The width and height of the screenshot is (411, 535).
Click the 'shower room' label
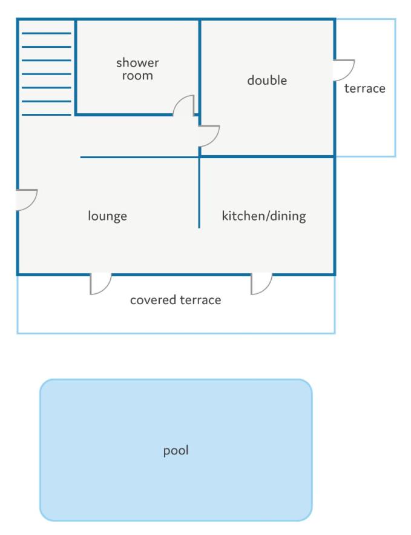(x=137, y=69)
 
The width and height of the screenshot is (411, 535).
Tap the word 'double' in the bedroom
(x=267, y=80)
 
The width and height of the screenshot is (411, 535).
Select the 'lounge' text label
(x=107, y=216)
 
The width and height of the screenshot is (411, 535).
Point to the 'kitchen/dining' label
(x=264, y=216)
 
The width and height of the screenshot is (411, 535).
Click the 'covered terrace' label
(x=176, y=300)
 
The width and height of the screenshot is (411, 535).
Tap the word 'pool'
(x=176, y=450)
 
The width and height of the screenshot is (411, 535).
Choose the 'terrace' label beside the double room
(x=364, y=88)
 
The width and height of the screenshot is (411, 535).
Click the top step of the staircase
(x=47, y=33)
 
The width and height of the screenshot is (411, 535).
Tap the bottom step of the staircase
(x=47, y=115)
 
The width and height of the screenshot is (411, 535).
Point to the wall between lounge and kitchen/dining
(x=199, y=193)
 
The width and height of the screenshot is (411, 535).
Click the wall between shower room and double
(x=199, y=67)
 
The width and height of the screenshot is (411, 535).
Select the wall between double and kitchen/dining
(x=267, y=157)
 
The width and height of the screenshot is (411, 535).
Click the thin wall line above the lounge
(x=139, y=158)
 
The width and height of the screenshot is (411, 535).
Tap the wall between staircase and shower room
(x=75, y=67)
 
